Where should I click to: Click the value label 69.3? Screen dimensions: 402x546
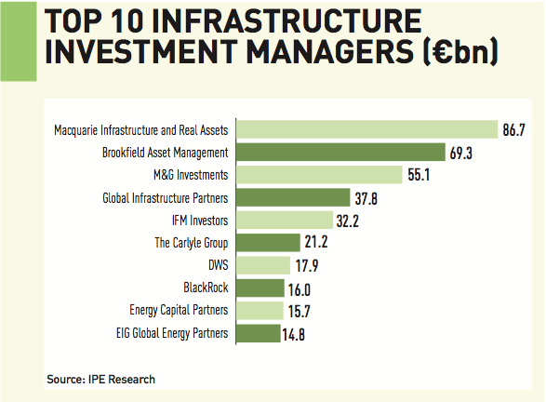click(x=462, y=153)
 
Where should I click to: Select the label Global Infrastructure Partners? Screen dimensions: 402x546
click(x=165, y=197)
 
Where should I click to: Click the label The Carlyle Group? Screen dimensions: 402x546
click(x=191, y=243)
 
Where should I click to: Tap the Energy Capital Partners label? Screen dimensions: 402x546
click(x=179, y=310)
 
